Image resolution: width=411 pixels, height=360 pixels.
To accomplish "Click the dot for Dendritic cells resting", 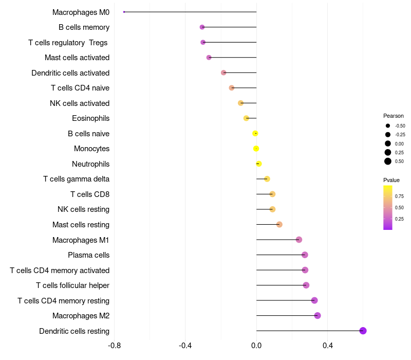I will (x=363, y=331).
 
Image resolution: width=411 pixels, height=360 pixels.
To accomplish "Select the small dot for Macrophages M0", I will (x=124, y=12).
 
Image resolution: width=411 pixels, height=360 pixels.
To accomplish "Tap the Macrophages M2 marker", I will (x=317, y=316).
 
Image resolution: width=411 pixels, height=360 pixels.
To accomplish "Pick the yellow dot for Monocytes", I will (x=256, y=149).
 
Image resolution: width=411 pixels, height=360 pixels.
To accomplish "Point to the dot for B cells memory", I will (x=202, y=27).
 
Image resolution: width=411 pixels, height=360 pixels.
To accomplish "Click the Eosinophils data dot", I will (x=246, y=118).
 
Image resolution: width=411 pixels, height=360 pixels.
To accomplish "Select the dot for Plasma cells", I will (x=305, y=255).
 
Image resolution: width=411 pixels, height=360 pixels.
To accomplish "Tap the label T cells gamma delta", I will (x=76, y=179).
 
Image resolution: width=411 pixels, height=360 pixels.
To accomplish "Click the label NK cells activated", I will (x=80, y=103).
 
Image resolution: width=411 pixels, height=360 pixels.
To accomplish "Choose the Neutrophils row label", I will (x=90, y=164).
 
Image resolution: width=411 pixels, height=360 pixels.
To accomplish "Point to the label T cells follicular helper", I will (x=72, y=285).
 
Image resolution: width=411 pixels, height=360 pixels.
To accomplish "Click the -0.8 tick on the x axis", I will (x=115, y=345).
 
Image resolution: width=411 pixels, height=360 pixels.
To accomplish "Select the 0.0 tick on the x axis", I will (x=256, y=345).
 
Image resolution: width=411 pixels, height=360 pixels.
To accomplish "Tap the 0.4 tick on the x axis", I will (x=327, y=345).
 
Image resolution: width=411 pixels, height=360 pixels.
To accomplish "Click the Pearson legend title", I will (x=394, y=116).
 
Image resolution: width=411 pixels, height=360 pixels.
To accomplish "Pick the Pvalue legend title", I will (x=391, y=180).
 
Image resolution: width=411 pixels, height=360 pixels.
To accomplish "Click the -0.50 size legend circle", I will (x=388, y=125).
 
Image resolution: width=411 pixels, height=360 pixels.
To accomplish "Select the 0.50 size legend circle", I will (x=388, y=161).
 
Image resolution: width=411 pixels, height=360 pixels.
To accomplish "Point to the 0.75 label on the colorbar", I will (x=399, y=196).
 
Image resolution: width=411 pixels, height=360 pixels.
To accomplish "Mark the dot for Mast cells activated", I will (x=209, y=58).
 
